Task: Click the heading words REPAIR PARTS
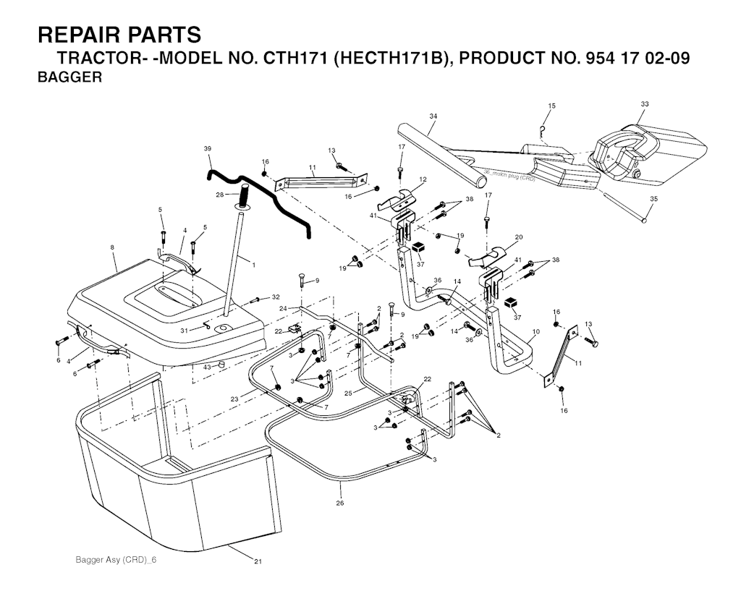[119, 35]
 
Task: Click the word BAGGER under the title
[69, 79]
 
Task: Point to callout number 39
[208, 148]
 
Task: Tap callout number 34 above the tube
[433, 116]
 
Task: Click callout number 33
[644, 104]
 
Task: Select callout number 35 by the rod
[653, 199]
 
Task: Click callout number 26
[339, 503]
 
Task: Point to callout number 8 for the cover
[112, 247]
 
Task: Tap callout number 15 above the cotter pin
[551, 106]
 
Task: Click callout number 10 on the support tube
[535, 332]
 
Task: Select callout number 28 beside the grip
[220, 195]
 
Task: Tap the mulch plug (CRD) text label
[511, 176]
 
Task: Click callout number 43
[207, 367]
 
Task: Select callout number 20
[518, 237]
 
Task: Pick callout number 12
[423, 179]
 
